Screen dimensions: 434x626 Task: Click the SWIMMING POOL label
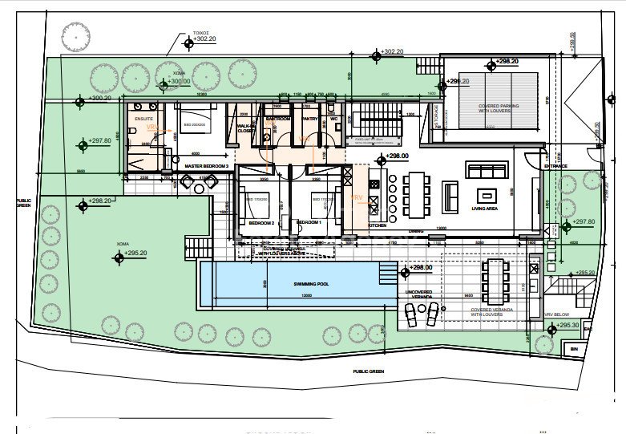pyautogui.click(x=290, y=285)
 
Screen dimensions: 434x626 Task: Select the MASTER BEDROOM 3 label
pyautogui.click(x=207, y=166)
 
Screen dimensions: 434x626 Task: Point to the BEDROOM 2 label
pyautogui.click(x=261, y=222)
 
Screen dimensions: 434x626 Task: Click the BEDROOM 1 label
pyautogui.click(x=309, y=222)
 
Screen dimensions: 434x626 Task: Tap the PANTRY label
pyautogui.click(x=309, y=119)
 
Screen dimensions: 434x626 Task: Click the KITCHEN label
pyautogui.click(x=378, y=225)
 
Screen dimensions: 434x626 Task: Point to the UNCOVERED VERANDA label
pyautogui.click(x=419, y=294)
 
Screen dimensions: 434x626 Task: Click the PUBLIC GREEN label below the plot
pyautogui.click(x=372, y=372)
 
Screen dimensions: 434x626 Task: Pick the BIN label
pyautogui.click(x=573, y=350)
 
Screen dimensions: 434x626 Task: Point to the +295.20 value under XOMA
pyautogui.click(x=135, y=253)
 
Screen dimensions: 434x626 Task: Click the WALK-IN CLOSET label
pyautogui.click(x=246, y=128)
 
